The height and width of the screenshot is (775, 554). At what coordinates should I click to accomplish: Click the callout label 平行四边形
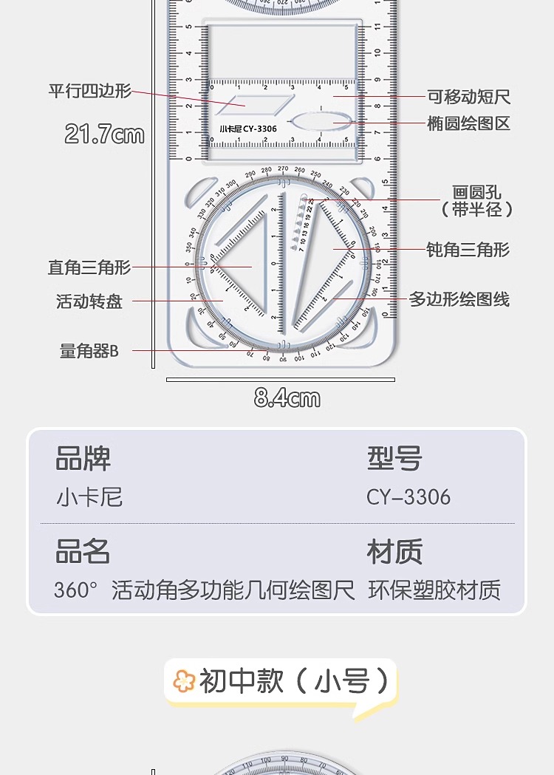click(x=90, y=91)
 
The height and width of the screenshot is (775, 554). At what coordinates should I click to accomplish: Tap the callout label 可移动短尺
click(x=469, y=97)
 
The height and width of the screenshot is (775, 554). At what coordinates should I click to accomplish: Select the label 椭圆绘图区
click(x=469, y=123)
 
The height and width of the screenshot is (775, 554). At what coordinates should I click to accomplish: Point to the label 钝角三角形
click(x=468, y=250)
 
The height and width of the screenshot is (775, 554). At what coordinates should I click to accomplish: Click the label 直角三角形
click(x=89, y=267)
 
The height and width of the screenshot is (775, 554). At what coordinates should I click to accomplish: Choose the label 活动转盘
click(x=89, y=301)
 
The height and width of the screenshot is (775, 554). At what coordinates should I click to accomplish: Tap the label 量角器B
click(x=89, y=351)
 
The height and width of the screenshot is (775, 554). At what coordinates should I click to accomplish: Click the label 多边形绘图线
click(x=459, y=299)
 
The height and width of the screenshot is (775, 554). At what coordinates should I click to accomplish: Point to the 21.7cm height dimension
click(x=104, y=134)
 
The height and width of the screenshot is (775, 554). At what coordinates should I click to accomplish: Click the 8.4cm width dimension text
click(x=287, y=399)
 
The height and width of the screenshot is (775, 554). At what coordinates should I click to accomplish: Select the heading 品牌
click(x=83, y=459)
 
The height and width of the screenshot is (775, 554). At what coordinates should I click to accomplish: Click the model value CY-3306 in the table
click(x=408, y=497)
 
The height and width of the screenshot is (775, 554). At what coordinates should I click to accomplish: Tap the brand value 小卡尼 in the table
click(x=89, y=497)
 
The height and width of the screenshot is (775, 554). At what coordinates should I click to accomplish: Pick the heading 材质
click(x=394, y=552)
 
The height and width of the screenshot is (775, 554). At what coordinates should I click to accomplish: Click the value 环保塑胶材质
click(x=434, y=590)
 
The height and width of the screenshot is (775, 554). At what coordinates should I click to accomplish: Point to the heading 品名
click(x=83, y=552)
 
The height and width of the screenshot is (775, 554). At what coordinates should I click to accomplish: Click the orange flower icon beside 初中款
click(x=183, y=680)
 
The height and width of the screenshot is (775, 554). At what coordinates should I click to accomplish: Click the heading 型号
click(x=394, y=459)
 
